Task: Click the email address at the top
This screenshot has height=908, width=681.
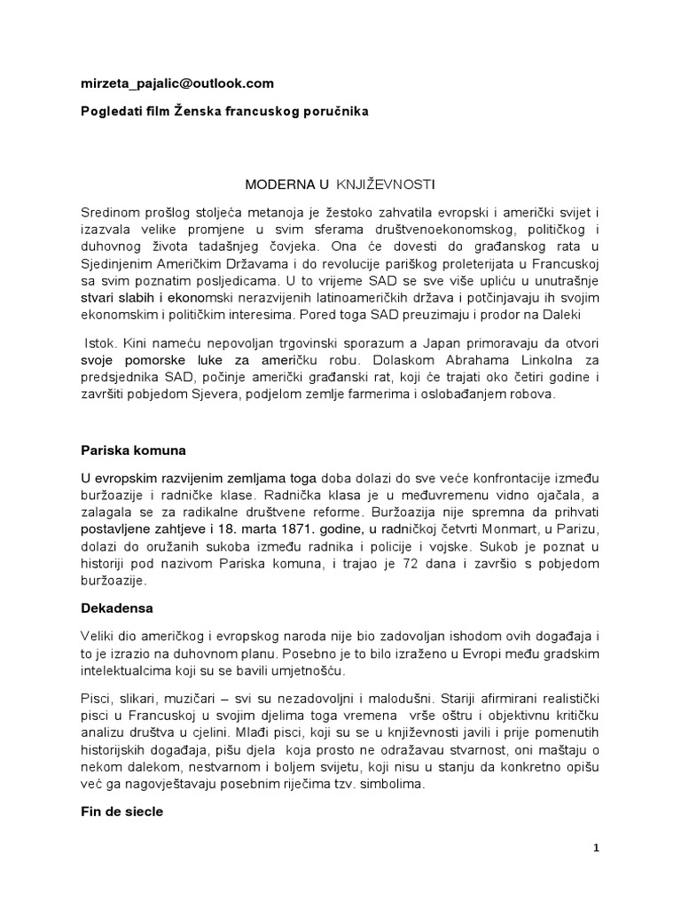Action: click(x=177, y=83)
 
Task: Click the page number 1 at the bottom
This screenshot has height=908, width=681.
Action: click(x=597, y=848)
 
